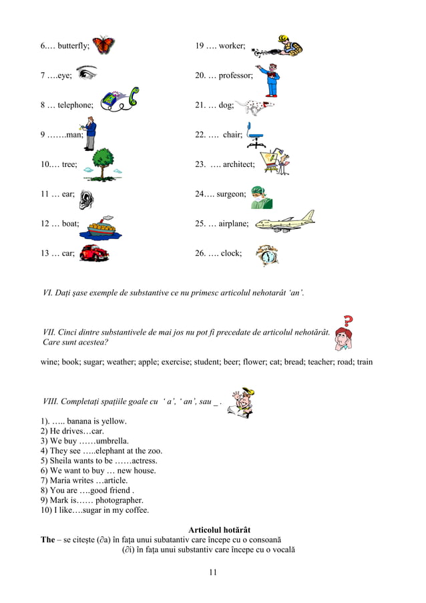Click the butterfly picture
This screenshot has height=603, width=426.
click(103, 45)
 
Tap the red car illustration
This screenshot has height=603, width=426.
click(93, 253)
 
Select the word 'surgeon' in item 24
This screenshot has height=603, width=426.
click(231, 194)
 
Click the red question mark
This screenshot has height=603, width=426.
click(347, 321)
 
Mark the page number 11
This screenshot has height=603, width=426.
click(213, 572)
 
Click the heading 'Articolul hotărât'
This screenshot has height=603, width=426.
click(220, 530)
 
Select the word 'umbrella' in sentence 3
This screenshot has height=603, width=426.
click(112, 441)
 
